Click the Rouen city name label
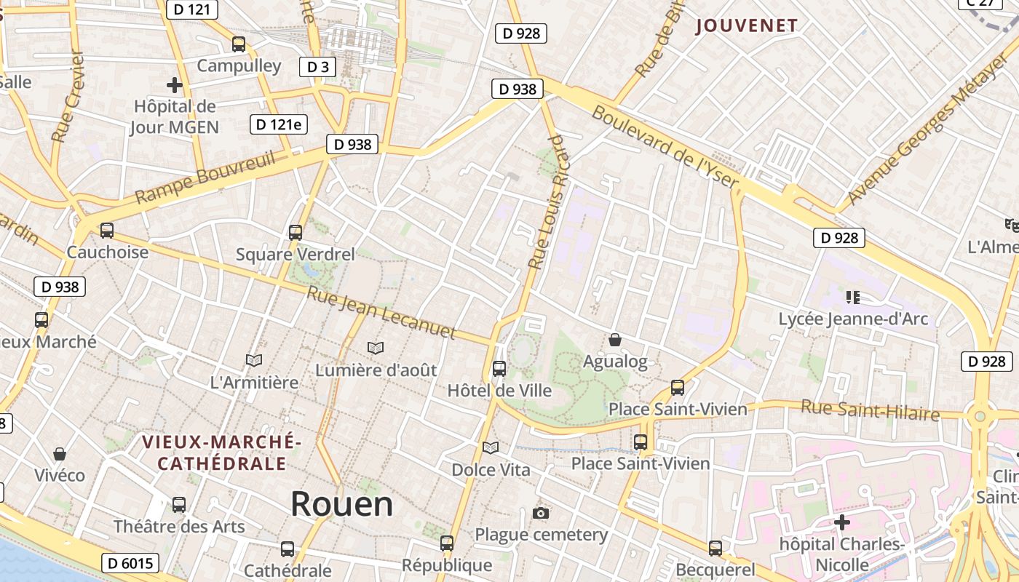click(x=342, y=504)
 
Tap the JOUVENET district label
click(x=747, y=26)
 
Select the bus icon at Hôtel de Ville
click(x=499, y=369)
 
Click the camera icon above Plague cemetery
click(x=540, y=514)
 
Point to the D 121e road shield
click(x=278, y=124)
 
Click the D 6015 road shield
click(x=130, y=563)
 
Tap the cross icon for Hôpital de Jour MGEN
click(x=175, y=85)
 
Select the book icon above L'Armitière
click(x=254, y=360)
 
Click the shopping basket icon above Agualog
click(x=615, y=340)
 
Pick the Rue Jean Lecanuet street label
click(x=381, y=314)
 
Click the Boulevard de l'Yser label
click(x=665, y=146)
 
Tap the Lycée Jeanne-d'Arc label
click(x=853, y=319)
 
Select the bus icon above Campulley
click(x=239, y=44)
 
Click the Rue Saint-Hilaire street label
click(x=871, y=410)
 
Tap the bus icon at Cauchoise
click(x=107, y=231)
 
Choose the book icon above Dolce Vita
click(x=491, y=447)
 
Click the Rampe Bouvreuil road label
click(x=205, y=177)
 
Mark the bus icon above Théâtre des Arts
click(x=179, y=504)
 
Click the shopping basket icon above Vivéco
click(x=60, y=454)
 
